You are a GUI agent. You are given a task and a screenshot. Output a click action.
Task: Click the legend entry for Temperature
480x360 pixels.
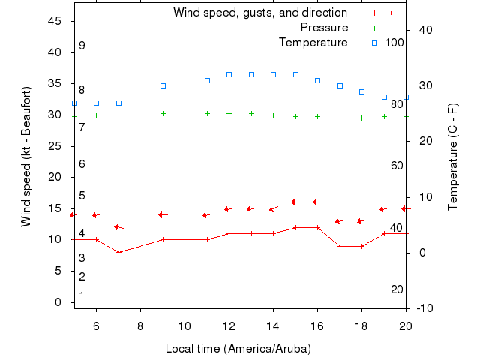click(313, 43)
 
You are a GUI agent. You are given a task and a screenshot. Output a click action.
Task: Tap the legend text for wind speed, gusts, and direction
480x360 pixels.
click(259, 13)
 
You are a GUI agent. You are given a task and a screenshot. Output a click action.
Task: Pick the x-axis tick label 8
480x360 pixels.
click(140, 325)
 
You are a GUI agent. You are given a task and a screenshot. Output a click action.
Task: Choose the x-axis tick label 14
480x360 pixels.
click(273, 325)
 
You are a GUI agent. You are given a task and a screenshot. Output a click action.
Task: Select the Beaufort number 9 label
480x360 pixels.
click(82, 46)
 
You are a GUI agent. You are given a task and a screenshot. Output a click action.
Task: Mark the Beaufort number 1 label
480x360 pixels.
click(82, 295)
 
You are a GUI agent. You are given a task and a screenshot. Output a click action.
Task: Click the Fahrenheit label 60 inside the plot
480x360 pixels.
click(397, 165)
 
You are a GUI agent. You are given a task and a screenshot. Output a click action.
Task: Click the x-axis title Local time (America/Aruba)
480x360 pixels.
click(238, 349)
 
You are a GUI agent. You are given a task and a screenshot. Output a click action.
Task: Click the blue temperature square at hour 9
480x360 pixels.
click(163, 85)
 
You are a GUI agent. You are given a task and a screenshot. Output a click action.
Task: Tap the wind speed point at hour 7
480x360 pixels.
click(118, 252)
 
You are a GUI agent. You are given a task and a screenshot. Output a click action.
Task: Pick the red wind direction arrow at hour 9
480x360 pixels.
click(163, 214)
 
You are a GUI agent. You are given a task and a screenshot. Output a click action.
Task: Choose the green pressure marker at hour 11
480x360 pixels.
click(207, 113)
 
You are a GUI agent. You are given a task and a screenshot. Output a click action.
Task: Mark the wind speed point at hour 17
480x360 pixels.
click(340, 246)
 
